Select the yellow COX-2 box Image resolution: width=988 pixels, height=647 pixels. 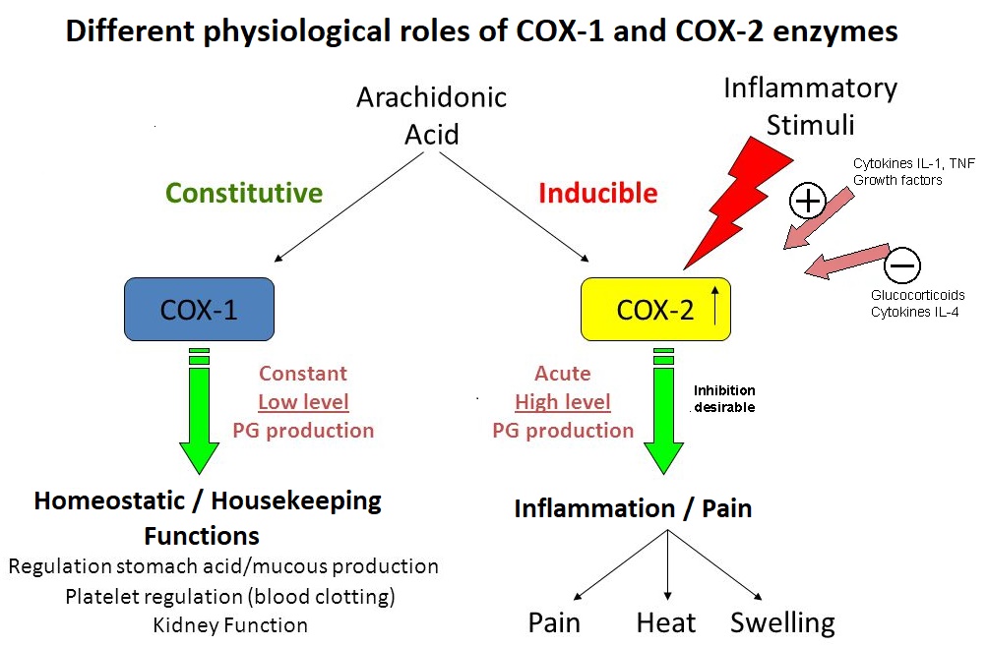pyautogui.click(x=655, y=309)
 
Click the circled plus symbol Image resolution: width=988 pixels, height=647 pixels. pyautogui.click(x=807, y=202)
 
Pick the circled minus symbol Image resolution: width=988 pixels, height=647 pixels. pyautogui.click(x=902, y=265)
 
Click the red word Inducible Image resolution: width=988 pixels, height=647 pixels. pyautogui.click(x=597, y=193)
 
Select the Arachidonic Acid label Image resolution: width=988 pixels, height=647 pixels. pyautogui.click(x=431, y=115)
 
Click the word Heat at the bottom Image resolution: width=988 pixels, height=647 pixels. pyautogui.click(x=666, y=622)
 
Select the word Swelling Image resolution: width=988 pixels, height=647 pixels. pyautogui.click(x=782, y=622)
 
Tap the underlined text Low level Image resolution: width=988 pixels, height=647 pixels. pyautogui.click(x=303, y=401)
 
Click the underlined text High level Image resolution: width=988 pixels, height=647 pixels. pyautogui.click(x=563, y=401)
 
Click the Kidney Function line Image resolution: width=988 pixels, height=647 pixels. pyautogui.click(x=230, y=624)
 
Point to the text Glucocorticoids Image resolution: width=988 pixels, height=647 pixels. pyautogui.click(x=917, y=295)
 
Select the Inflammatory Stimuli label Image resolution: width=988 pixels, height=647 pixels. pyautogui.click(x=810, y=106)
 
